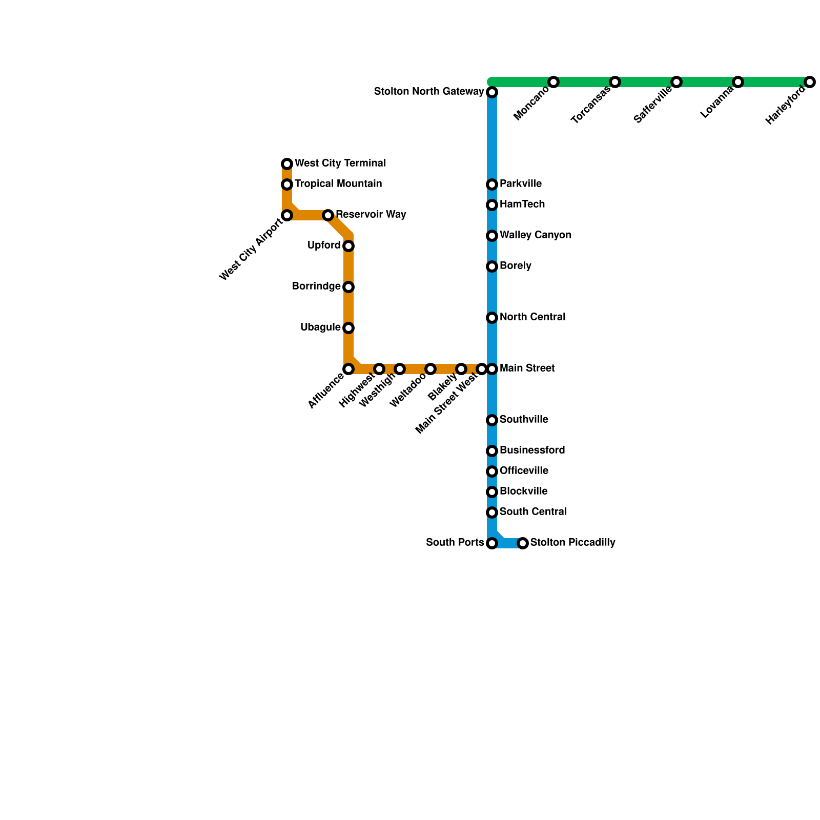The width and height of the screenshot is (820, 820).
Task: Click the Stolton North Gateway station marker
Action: coord(492,92)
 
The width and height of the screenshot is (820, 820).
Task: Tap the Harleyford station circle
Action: coord(809,82)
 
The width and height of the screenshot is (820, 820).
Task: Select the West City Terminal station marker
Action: coord(287,164)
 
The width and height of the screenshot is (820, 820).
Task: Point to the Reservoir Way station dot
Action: coord(328,215)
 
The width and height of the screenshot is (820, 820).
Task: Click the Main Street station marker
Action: coord(492,369)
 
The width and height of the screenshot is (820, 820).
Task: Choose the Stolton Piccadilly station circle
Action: coord(523,543)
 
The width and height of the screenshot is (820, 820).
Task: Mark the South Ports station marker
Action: coord(492,543)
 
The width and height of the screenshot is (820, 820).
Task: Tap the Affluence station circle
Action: coord(348,369)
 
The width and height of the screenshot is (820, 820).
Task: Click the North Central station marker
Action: coord(492,318)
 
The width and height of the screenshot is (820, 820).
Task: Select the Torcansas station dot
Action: coord(615,82)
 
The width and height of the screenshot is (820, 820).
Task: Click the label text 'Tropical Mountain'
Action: coord(338,184)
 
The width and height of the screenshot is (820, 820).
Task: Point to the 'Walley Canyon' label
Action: coord(536,235)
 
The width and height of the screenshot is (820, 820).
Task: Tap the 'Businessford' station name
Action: coord(532,450)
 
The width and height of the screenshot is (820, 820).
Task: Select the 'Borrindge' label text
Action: coord(316,286)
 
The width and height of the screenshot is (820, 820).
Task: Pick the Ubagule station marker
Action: coord(348,328)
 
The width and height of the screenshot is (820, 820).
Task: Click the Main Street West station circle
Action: coord(481,369)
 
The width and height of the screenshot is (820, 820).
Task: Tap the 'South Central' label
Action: coord(533,512)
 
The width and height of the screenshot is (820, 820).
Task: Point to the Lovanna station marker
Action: coord(737,82)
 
